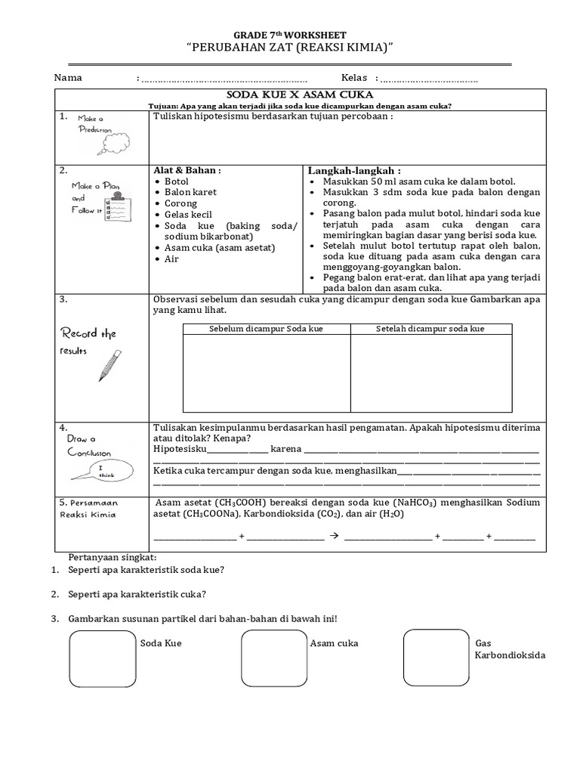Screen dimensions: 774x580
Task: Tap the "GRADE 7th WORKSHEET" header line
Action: [290, 35]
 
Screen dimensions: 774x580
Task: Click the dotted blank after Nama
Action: [224, 79]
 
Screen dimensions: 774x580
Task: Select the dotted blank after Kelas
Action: [429, 79]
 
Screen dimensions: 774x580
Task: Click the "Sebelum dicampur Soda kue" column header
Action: [267, 329]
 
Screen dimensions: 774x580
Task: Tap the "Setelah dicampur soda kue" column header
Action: [430, 329]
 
